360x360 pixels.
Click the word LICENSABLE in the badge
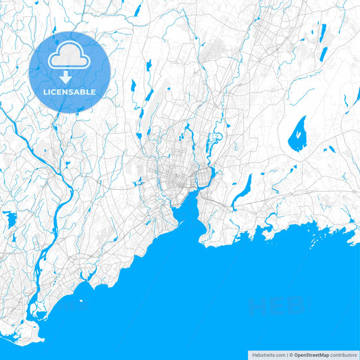(x=70, y=91)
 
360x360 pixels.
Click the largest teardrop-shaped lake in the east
(x=297, y=133)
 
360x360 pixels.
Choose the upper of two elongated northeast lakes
(x=323, y=33)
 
